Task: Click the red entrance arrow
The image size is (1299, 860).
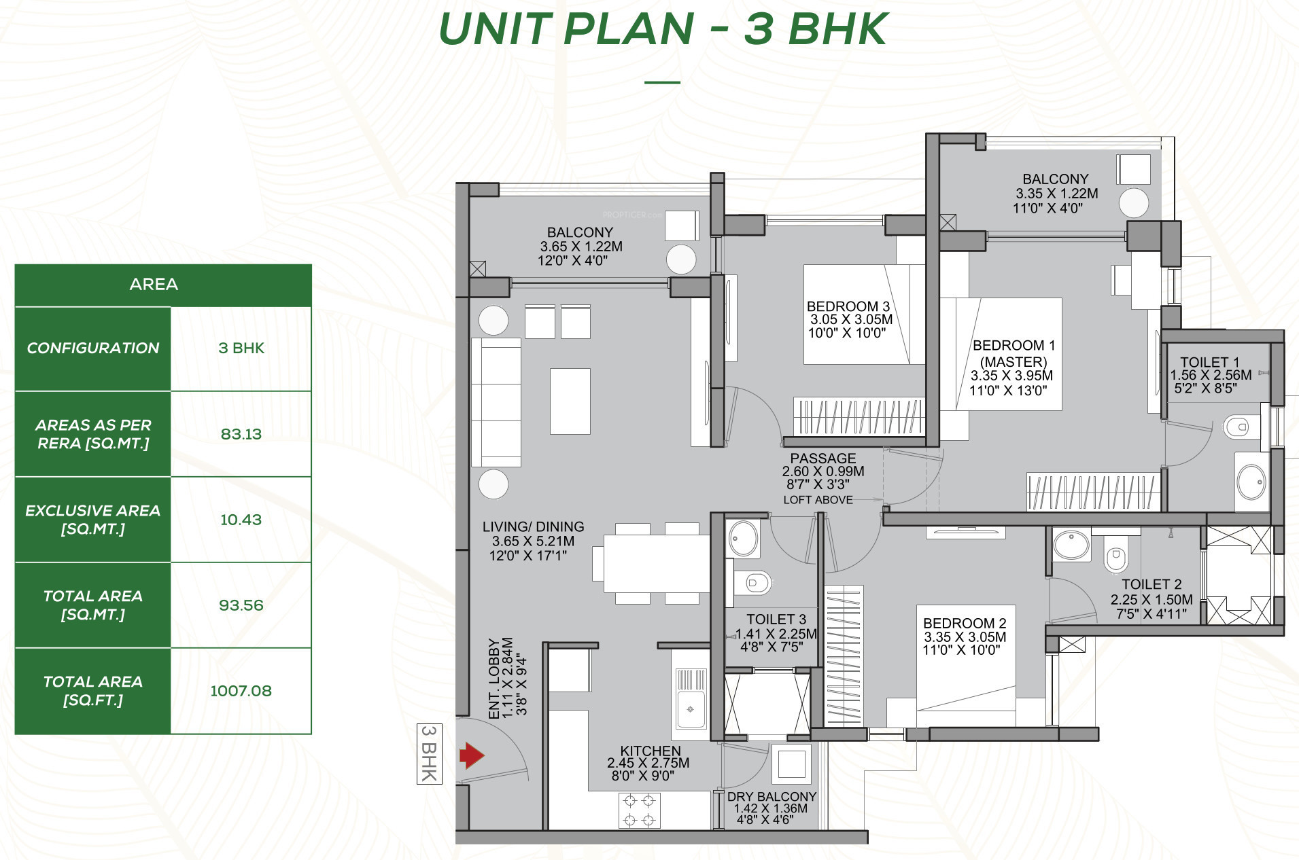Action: coord(472,755)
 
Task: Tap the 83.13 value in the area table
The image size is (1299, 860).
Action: coord(241,434)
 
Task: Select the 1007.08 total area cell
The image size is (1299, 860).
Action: coord(241,691)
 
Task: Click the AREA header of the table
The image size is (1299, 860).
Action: coord(154,284)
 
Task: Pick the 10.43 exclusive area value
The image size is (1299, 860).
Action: coord(241,520)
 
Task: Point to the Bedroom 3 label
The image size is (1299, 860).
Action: coord(848,306)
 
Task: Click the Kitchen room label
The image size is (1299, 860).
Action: coord(651,751)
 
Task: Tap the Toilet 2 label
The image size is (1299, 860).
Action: coord(1151,584)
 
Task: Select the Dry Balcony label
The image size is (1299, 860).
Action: coord(772,796)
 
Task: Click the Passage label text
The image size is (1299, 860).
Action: coord(823,459)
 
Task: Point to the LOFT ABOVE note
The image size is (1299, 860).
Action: coord(818,500)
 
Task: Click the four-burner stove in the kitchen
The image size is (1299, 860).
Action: coord(639,810)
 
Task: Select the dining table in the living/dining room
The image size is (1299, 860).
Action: coord(657,563)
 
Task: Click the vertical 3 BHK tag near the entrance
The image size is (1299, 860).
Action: coord(429,754)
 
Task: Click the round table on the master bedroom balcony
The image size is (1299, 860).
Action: coord(1134,202)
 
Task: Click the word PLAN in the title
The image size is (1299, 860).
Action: coord(629,29)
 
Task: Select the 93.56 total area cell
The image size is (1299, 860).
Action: coord(241,605)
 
